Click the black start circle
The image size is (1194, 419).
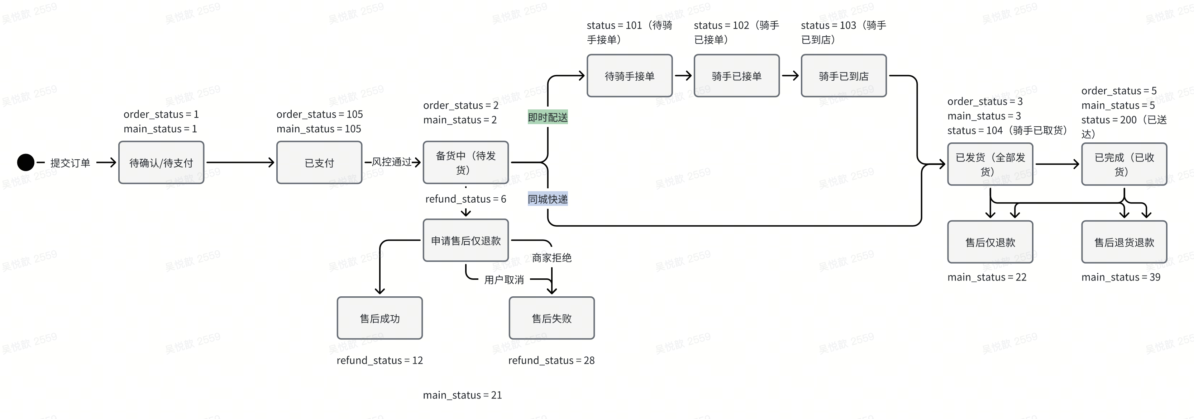(x=25, y=163)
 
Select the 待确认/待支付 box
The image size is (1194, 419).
(x=161, y=163)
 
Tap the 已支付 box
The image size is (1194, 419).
(x=319, y=163)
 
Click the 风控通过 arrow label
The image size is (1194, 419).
(x=392, y=162)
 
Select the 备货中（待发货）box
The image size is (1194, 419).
(x=465, y=163)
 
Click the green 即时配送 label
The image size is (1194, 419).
(x=548, y=117)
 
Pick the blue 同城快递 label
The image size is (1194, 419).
(x=548, y=199)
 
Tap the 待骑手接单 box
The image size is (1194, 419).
(x=630, y=76)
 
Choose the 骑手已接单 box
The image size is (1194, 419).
(x=736, y=76)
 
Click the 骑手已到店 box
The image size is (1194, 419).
(x=844, y=76)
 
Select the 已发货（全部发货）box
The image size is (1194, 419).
(x=990, y=164)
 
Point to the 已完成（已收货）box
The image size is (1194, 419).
(x=1124, y=164)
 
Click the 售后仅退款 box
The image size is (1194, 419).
(x=990, y=242)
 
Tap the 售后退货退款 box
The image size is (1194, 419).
(x=1124, y=242)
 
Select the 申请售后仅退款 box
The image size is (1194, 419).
(x=465, y=240)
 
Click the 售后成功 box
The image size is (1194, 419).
(x=379, y=318)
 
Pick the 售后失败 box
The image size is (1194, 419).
(x=551, y=318)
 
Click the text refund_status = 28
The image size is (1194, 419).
(x=551, y=360)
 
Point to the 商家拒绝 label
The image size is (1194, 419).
(x=551, y=258)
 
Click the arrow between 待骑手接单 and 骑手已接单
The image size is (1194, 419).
(x=683, y=76)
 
